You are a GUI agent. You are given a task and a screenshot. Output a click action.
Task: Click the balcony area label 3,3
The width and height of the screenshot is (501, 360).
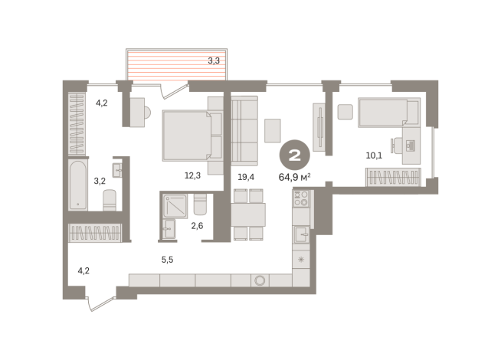tap(214, 60)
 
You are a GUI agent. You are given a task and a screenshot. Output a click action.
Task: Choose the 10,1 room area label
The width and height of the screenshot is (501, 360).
tap(374, 155)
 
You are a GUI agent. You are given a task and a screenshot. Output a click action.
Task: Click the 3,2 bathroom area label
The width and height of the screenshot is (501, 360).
tap(100, 182)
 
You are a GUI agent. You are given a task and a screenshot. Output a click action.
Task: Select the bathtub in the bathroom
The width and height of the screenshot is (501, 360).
tap(78, 185)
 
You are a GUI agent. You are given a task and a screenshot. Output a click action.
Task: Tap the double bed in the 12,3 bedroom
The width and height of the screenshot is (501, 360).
tap(191, 135)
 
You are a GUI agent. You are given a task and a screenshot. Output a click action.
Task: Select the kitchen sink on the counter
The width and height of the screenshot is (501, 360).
tap(302, 234)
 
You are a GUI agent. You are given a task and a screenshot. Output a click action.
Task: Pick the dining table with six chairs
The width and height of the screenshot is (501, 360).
tap(248, 214)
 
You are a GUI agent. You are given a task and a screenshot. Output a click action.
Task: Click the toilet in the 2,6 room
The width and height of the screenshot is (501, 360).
tap(201, 206)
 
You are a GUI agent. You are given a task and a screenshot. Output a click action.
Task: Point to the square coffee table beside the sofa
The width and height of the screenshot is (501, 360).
tap(273, 130)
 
